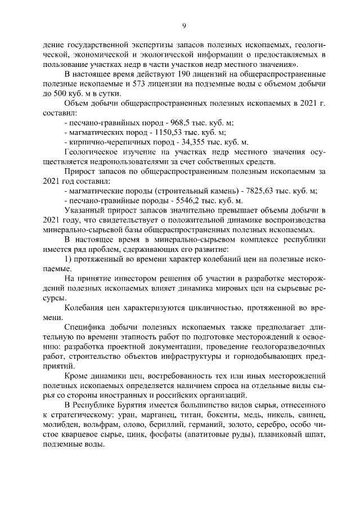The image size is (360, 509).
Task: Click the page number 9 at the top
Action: [183, 25]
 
